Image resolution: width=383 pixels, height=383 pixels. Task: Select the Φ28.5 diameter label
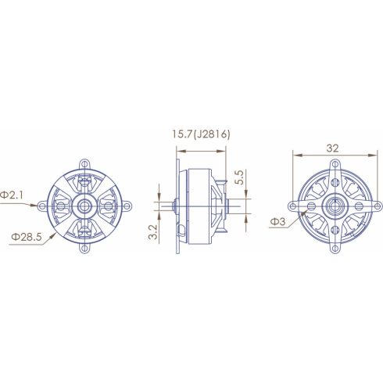tap(23, 234)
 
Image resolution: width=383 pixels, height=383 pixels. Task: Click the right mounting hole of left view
tap(127, 206)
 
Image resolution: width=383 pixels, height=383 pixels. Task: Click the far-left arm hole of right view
tap(292, 207)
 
